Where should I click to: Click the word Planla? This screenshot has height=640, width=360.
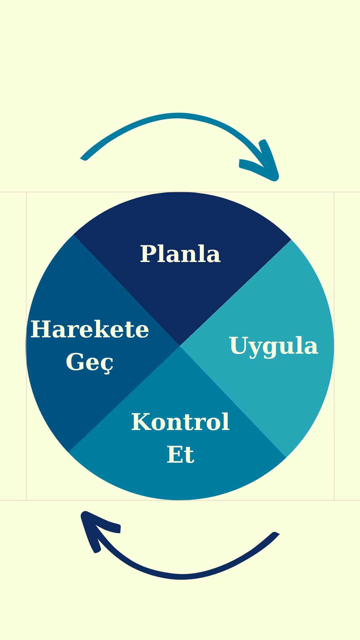point(180,254)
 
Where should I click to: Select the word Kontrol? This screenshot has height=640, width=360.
point(180,422)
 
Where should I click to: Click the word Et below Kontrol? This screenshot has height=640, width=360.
point(180,454)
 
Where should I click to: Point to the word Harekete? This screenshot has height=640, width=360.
point(90,329)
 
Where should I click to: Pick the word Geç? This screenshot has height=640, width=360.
point(90,363)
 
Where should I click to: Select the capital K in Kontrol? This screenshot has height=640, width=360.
point(141,422)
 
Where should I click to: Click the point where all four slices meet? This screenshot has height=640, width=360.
point(180,346)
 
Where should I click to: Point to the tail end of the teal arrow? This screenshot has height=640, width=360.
point(82,159)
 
